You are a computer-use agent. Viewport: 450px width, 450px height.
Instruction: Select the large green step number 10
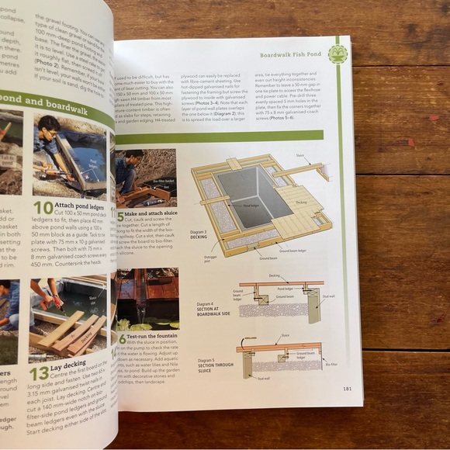point(43,207)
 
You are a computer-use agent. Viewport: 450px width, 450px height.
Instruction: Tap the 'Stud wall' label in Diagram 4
point(327,296)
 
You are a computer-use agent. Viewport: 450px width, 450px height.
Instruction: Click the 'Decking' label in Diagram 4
point(273,276)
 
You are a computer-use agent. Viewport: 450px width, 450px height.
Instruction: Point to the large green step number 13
point(39,373)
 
